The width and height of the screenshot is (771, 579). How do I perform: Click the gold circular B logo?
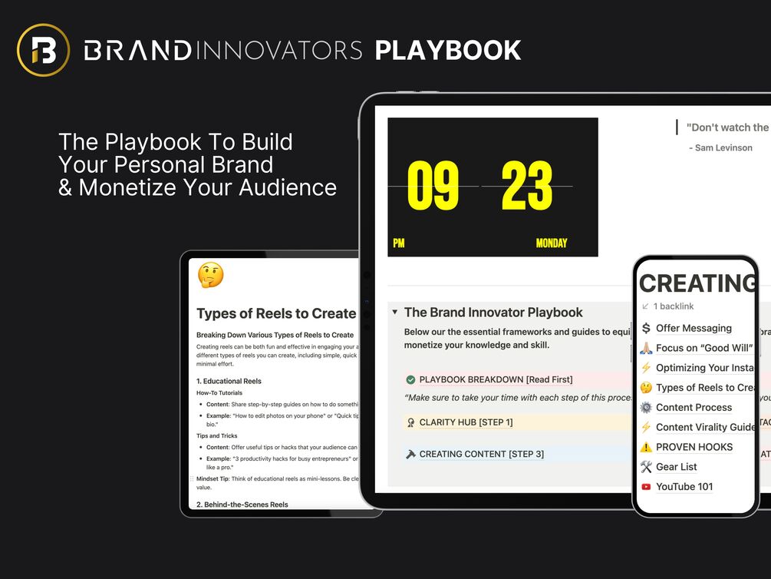pyautogui.click(x=43, y=51)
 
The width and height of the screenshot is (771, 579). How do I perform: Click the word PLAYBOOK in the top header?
pyautogui.click(x=447, y=51)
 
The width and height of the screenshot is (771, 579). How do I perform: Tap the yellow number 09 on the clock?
pyautogui.click(x=433, y=186)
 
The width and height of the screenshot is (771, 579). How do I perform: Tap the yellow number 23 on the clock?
pyautogui.click(x=527, y=186)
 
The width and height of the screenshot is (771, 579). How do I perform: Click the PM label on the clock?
pyautogui.click(x=399, y=243)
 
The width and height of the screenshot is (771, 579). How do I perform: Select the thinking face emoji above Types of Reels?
pyautogui.click(x=210, y=275)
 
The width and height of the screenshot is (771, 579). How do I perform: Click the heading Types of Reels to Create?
pyautogui.click(x=276, y=313)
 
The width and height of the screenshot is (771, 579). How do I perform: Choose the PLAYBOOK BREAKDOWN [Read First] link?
pyautogui.click(x=496, y=379)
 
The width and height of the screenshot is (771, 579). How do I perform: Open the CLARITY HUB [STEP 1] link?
pyautogui.click(x=466, y=422)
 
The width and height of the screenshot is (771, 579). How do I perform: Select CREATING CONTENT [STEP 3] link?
pyautogui.click(x=481, y=454)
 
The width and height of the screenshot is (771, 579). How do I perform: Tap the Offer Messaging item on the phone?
pyautogui.click(x=694, y=328)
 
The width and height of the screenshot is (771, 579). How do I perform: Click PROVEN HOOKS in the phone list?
pyautogui.click(x=694, y=447)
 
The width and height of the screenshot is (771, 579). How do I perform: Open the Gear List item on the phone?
pyautogui.click(x=676, y=467)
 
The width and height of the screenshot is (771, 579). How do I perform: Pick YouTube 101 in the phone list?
pyautogui.click(x=684, y=486)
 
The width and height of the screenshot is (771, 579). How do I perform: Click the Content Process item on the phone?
pyautogui.click(x=694, y=408)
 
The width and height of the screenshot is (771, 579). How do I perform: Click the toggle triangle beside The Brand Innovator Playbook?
pyautogui.click(x=394, y=313)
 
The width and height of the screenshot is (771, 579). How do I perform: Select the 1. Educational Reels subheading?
pyautogui.click(x=229, y=381)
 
